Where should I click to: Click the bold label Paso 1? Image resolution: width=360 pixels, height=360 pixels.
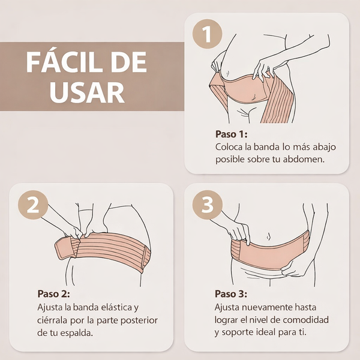[x=231, y=134]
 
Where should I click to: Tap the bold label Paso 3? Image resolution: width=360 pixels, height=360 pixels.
[x=231, y=294]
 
